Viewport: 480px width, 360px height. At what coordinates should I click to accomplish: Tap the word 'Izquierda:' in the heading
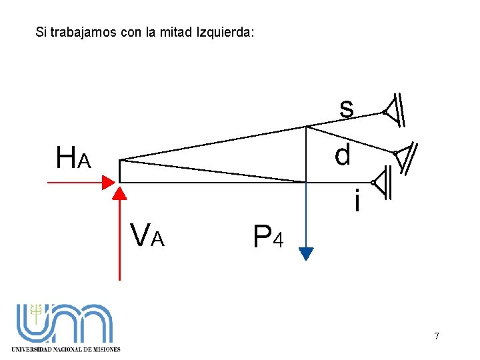click(x=225, y=32)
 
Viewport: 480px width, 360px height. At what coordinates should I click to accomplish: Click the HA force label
click(x=73, y=159)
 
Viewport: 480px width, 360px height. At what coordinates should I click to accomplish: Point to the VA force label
click(x=147, y=235)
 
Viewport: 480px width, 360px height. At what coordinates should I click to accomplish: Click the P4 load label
click(x=268, y=236)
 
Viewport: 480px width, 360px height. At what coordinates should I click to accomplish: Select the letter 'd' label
click(x=343, y=155)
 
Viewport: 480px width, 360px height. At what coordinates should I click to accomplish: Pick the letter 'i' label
click(x=358, y=201)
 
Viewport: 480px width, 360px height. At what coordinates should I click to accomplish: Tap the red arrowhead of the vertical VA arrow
click(x=119, y=193)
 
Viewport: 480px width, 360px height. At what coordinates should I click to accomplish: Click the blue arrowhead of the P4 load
click(x=306, y=253)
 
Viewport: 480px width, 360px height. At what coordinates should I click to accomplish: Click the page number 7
click(x=437, y=336)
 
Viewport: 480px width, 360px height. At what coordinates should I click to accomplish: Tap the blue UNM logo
click(x=65, y=324)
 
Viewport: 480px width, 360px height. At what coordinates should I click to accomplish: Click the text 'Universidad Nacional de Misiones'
click(x=66, y=349)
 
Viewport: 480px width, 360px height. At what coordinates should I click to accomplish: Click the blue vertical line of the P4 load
click(x=306, y=213)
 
